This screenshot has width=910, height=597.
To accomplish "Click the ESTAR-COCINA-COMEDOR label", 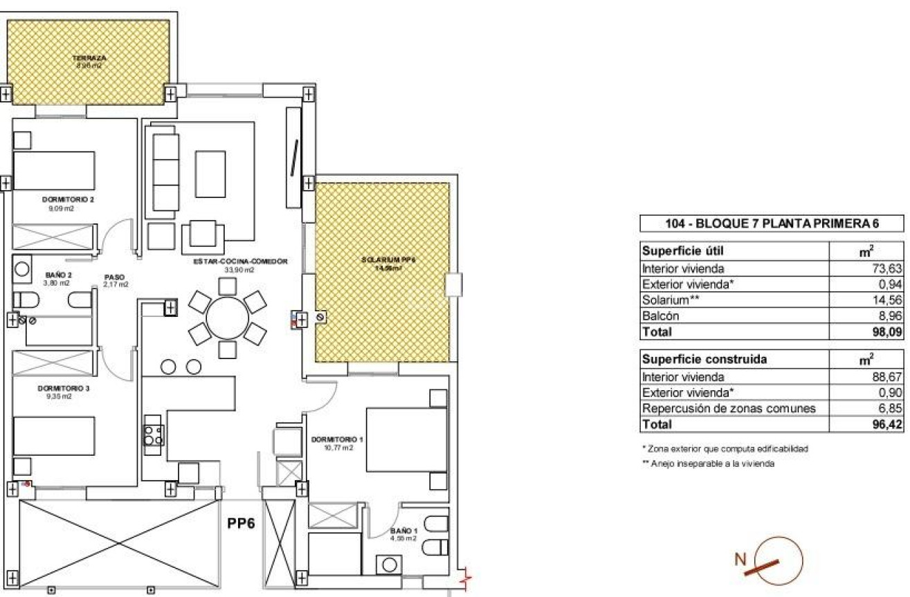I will pyautogui.click(x=239, y=261).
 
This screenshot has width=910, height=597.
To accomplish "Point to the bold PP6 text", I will pyautogui.click(x=242, y=524).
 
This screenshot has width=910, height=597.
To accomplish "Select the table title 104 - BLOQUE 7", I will pyautogui.click(x=771, y=223).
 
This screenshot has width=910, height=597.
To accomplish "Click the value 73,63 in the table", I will pyautogui.click(x=889, y=268).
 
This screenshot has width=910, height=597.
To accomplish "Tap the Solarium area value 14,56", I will pyautogui.click(x=889, y=300).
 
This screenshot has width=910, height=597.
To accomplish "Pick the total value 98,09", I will pyautogui.click(x=889, y=332).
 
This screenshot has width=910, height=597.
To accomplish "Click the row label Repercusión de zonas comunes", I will pyautogui.click(x=729, y=409).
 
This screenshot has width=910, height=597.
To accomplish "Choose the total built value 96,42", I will pyautogui.click(x=889, y=425).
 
